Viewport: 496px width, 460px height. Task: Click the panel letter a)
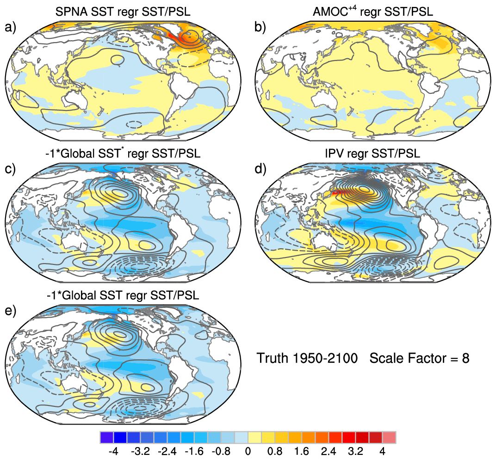coord(10,28)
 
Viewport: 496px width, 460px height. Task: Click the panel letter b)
coord(260,28)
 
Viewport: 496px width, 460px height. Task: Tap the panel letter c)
coord(10,169)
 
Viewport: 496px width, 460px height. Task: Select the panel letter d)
coord(260,169)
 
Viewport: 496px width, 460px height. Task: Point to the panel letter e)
coord(10,310)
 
